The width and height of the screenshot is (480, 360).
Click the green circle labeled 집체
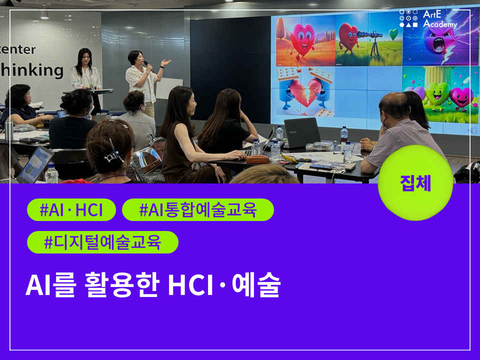click(x=415, y=183)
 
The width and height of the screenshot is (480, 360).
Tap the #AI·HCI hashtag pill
click(x=71, y=210)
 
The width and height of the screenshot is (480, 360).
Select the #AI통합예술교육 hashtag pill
click(x=198, y=210)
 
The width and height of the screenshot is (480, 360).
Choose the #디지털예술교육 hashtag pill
click(x=102, y=242)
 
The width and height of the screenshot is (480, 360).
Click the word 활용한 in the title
click(x=122, y=284)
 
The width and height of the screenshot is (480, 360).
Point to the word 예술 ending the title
click(x=256, y=284)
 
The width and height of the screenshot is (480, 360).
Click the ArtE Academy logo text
click(x=439, y=19)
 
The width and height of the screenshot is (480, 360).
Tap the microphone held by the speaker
click(x=148, y=65)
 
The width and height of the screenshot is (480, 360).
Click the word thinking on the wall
click(x=31, y=70)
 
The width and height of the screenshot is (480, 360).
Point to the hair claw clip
click(x=113, y=153)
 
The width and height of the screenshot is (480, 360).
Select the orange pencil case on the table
click(x=258, y=159)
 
